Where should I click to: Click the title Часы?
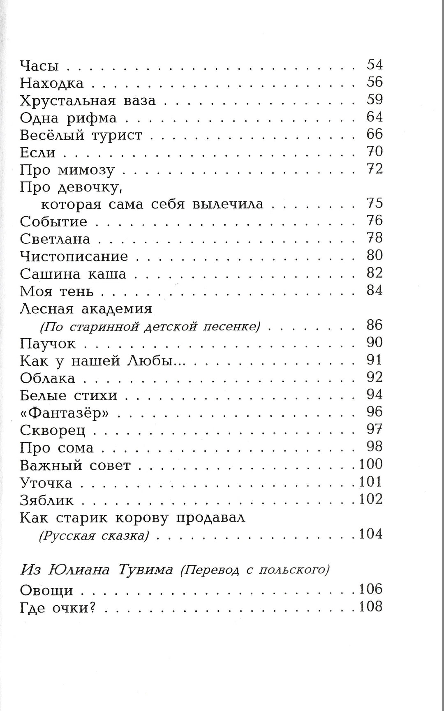click(x=39, y=66)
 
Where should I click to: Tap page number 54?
click(x=375, y=65)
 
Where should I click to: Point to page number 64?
click(x=375, y=117)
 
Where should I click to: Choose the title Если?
click(x=38, y=153)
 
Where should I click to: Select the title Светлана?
click(x=55, y=239)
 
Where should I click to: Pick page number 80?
click(x=375, y=256)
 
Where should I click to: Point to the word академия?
click(x=116, y=308)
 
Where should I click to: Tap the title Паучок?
click(x=48, y=344)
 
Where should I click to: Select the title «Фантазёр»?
click(x=64, y=413)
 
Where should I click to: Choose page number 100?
click(x=371, y=464)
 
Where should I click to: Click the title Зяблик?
click(x=47, y=500)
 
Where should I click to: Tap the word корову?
click(x=142, y=518)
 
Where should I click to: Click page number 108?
click(x=371, y=607)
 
